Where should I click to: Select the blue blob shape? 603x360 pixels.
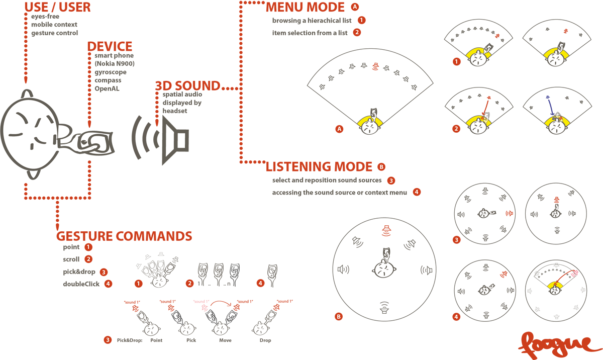pos(549,104)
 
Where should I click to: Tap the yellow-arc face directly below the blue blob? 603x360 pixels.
pos(556,125)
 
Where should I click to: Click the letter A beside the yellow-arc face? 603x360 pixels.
pos(340,129)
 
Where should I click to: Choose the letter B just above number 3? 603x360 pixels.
pos(381,167)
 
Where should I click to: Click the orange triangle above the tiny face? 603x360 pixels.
pos(556,197)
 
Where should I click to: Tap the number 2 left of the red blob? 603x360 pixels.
pos(190,284)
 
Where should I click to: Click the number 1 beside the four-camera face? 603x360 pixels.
pos(138,284)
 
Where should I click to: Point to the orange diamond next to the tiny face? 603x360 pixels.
pos(508,213)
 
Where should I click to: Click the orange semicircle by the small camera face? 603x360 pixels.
pos(500,277)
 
